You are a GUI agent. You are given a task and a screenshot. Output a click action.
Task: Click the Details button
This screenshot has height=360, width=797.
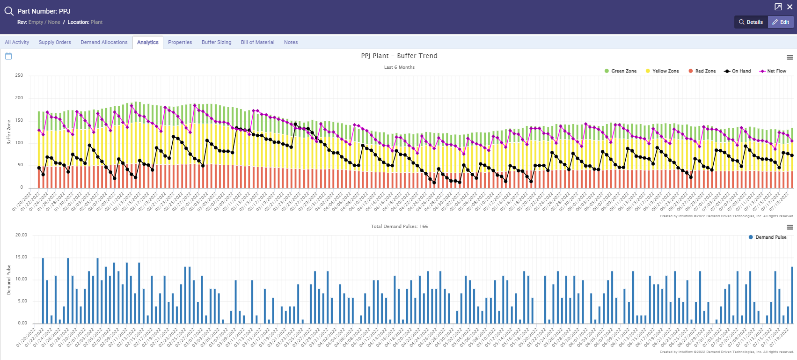[x=751, y=22]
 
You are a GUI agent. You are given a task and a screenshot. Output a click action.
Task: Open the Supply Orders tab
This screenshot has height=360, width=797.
[x=55, y=42]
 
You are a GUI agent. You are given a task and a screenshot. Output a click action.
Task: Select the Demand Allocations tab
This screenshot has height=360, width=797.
[x=104, y=42]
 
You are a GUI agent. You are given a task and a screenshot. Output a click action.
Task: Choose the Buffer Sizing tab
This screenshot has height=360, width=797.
[x=216, y=42]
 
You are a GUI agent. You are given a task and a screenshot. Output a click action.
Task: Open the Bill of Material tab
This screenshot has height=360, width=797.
[x=257, y=42]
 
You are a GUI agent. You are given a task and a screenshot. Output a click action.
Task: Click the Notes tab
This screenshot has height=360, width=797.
[x=291, y=42]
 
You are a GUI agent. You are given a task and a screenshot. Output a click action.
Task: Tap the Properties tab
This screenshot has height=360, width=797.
[x=180, y=42]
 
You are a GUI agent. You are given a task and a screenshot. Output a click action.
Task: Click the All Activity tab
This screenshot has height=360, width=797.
[x=17, y=42]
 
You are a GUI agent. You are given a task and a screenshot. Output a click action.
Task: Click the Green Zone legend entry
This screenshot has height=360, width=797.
[x=621, y=71]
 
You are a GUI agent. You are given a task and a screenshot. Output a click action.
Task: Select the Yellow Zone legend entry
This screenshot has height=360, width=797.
[x=662, y=71]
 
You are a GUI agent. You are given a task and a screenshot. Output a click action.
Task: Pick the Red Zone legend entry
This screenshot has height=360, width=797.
[x=702, y=71]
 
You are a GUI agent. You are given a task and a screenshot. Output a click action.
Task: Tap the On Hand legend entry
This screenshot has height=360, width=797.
[x=738, y=71]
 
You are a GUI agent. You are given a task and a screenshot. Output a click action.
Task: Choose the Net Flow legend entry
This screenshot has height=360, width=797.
[x=773, y=71]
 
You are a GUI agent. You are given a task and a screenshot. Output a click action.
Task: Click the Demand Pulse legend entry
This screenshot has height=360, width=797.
[x=768, y=237]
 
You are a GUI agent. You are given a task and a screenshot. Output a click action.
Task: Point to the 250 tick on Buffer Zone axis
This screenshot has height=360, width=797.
[x=19, y=75]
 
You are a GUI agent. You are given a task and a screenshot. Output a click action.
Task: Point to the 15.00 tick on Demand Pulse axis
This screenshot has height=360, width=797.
[x=21, y=257]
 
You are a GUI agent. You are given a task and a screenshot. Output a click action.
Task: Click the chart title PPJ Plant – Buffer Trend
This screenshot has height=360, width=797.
[x=399, y=56]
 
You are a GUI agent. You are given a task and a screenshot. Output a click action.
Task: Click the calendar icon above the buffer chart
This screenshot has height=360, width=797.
[x=8, y=56]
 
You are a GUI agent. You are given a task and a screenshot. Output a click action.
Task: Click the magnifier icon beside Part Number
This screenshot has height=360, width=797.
[x=9, y=11]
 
